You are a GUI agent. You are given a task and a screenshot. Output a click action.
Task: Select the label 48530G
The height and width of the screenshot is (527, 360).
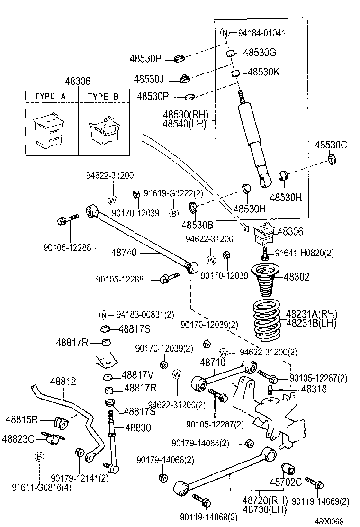[259, 54]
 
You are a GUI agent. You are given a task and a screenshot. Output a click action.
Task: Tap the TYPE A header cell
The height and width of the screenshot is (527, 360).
[50, 96]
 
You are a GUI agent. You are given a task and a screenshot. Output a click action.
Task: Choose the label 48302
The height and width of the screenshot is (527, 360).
[297, 277]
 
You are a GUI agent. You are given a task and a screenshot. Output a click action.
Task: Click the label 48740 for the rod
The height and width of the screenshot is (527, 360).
[125, 253]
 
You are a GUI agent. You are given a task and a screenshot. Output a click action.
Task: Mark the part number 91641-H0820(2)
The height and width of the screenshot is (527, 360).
[305, 253]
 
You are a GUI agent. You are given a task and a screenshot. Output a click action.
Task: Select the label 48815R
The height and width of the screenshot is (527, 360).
[22, 419]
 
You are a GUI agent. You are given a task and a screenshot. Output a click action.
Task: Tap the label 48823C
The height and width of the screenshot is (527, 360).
[18, 438]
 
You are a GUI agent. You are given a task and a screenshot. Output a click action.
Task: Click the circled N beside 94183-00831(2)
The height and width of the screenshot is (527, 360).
[104, 315]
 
